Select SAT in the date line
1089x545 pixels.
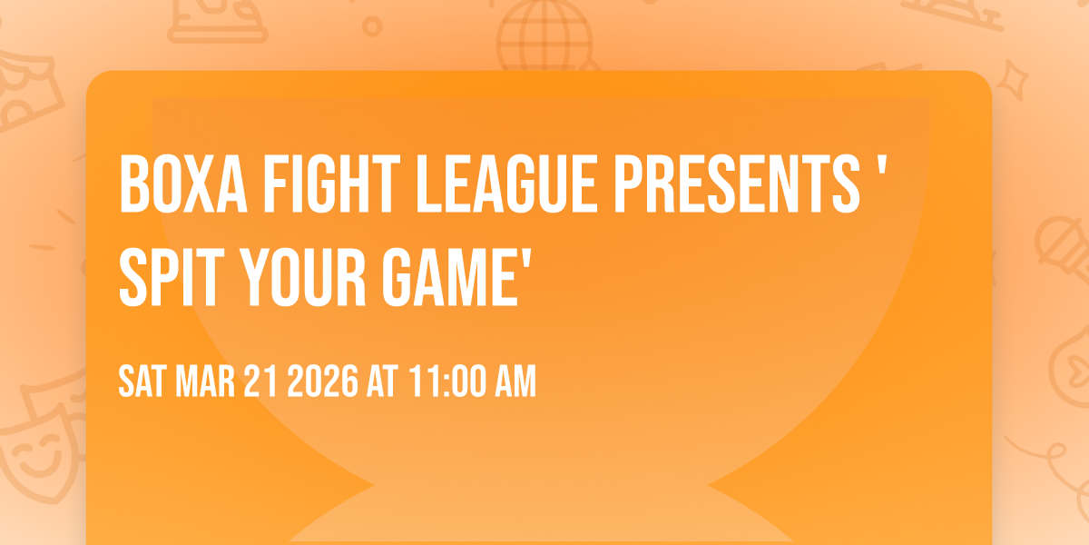pos(141,382)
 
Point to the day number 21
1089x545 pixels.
pos(260,382)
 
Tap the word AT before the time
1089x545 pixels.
pos(382,382)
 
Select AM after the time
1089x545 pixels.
pos(513,382)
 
